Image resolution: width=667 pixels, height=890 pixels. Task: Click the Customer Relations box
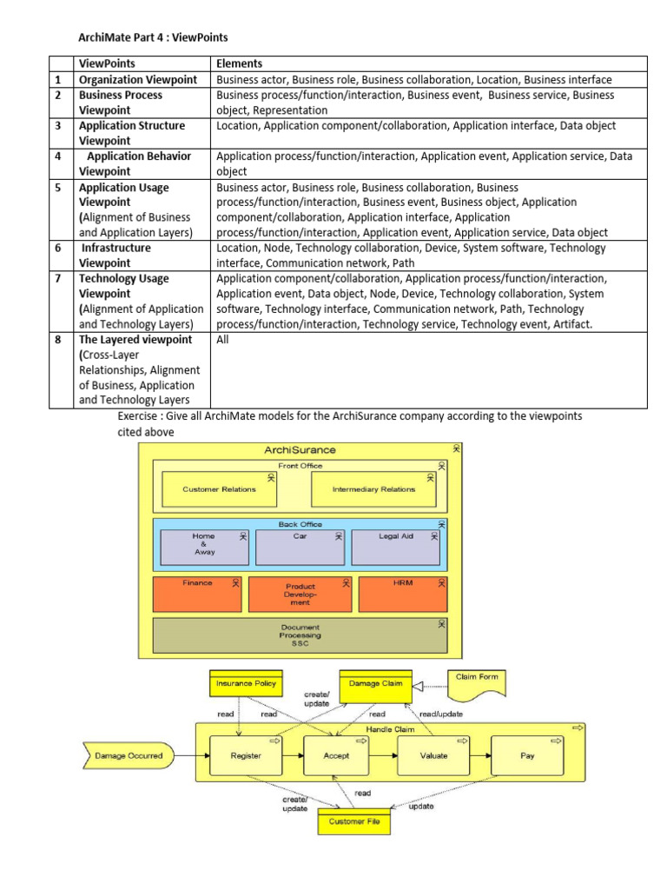(219, 489)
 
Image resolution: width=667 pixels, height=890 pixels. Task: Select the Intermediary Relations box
(373, 489)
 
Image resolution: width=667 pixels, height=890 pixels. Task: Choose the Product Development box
(300, 594)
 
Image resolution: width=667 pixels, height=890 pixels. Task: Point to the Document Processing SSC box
(300, 634)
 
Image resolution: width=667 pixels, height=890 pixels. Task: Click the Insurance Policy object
(247, 684)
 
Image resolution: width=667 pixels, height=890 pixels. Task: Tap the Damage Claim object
(375, 684)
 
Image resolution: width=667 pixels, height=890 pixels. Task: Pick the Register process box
(246, 755)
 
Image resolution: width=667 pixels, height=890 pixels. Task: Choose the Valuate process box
(433, 755)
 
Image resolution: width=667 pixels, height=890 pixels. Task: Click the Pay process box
(527, 755)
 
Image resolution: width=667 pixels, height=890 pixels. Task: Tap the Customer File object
(354, 821)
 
